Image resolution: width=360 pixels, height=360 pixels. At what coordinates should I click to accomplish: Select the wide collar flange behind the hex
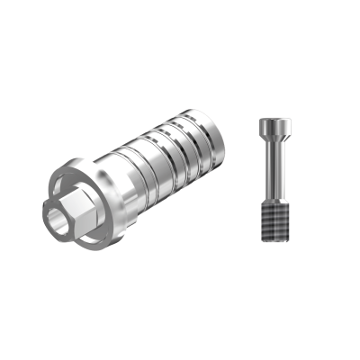coord(90,180)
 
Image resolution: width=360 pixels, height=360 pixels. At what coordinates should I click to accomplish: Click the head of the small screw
coord(275,126)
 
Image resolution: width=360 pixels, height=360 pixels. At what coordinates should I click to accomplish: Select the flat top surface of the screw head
coord(275,120)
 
